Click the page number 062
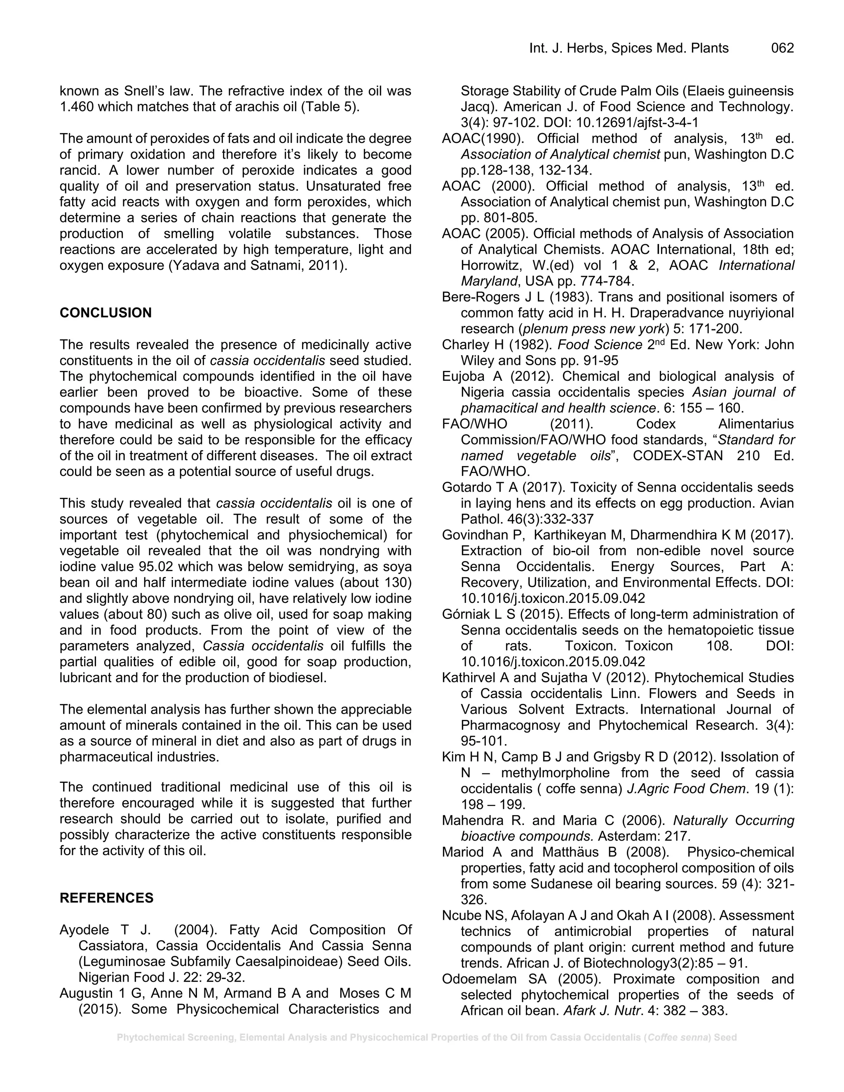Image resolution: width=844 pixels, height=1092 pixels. (x=783, y=48)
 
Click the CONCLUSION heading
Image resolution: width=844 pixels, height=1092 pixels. (x=105, y=313)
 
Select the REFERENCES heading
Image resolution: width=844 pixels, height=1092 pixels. (x=106, y=898)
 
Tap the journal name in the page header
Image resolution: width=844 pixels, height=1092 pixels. (x=628, y=48)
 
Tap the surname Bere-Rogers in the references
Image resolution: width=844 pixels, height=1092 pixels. (x=481, y=297)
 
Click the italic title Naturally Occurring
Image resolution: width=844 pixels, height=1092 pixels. (x=734, y=820)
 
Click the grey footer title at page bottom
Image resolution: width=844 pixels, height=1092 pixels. (x=427, y=1038)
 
